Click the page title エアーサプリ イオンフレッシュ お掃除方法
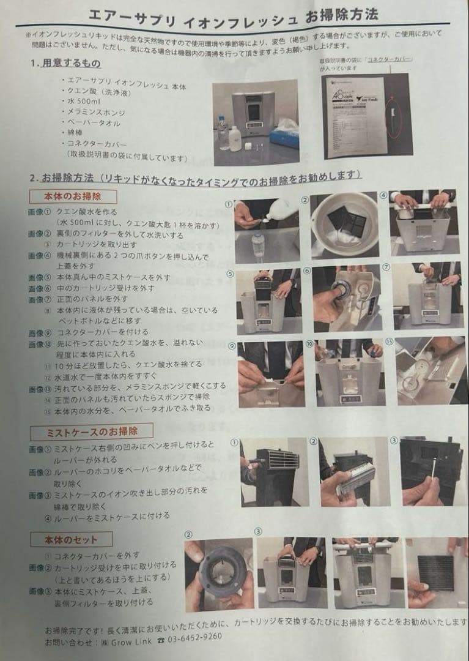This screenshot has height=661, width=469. click(x=233, y=14)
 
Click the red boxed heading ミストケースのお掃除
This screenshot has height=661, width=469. click(x=91, y=432)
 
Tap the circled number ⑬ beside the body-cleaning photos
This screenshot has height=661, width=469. click(x=390, y=341)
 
